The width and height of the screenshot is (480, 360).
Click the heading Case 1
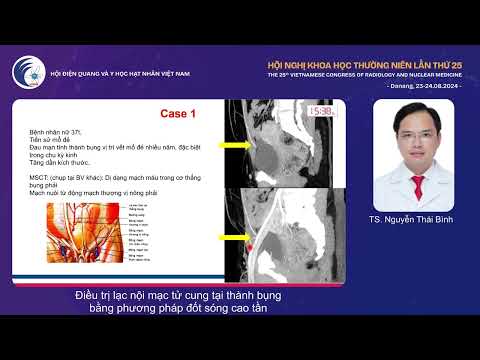[178, 114]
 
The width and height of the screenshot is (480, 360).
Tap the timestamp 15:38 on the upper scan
[322, 112]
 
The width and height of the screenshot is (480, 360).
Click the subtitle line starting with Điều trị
[179, 296]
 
